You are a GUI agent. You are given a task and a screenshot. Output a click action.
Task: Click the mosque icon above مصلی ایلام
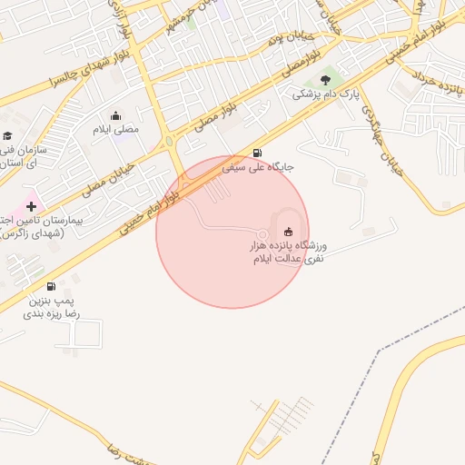[x=115, y=115]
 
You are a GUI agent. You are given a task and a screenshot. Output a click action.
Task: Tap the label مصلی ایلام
[x=116, y=130]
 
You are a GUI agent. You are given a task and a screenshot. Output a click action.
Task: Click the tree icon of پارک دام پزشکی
[x=326, y=81]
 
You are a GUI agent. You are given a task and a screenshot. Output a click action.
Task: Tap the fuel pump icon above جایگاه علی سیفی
[x=258, y=153]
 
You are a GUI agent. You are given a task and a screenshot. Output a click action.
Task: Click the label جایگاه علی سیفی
[x=253, y=168]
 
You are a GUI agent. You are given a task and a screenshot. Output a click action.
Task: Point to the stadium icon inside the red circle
[x=289, y=231]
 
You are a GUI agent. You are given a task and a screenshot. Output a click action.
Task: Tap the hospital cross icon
[x=32, y=206]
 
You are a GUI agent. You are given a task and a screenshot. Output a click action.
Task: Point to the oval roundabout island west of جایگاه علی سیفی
[x=170, y=142]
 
